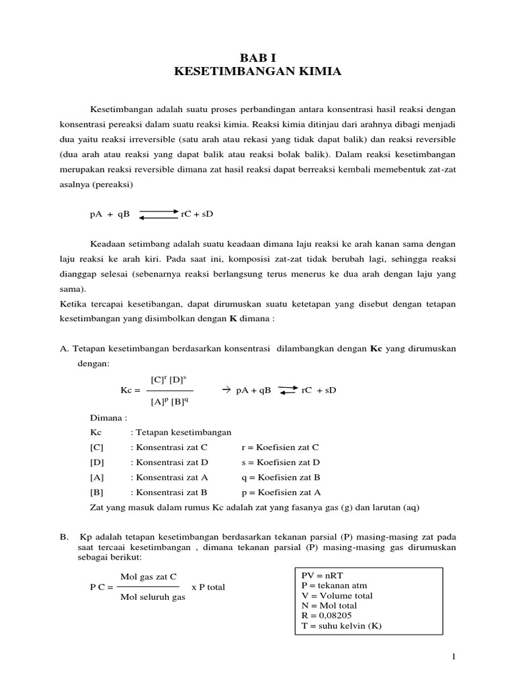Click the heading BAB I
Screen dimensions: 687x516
click(x=258, y=59)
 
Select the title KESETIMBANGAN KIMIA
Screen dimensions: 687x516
click(x=258, y=72)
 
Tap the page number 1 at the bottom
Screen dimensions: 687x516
click(x=455, y=657)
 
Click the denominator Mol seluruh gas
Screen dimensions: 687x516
click(x=152, y=597)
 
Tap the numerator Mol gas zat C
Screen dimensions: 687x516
click(x=148, y=576)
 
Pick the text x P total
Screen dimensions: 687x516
click(x=208, y=587)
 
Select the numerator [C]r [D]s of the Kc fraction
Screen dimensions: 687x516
click(x=169, y=380)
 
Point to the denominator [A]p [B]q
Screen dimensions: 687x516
click(x=169, y=402)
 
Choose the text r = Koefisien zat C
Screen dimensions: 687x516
click(x=280, y=447)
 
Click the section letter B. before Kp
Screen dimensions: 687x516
click(x=64, y=537)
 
